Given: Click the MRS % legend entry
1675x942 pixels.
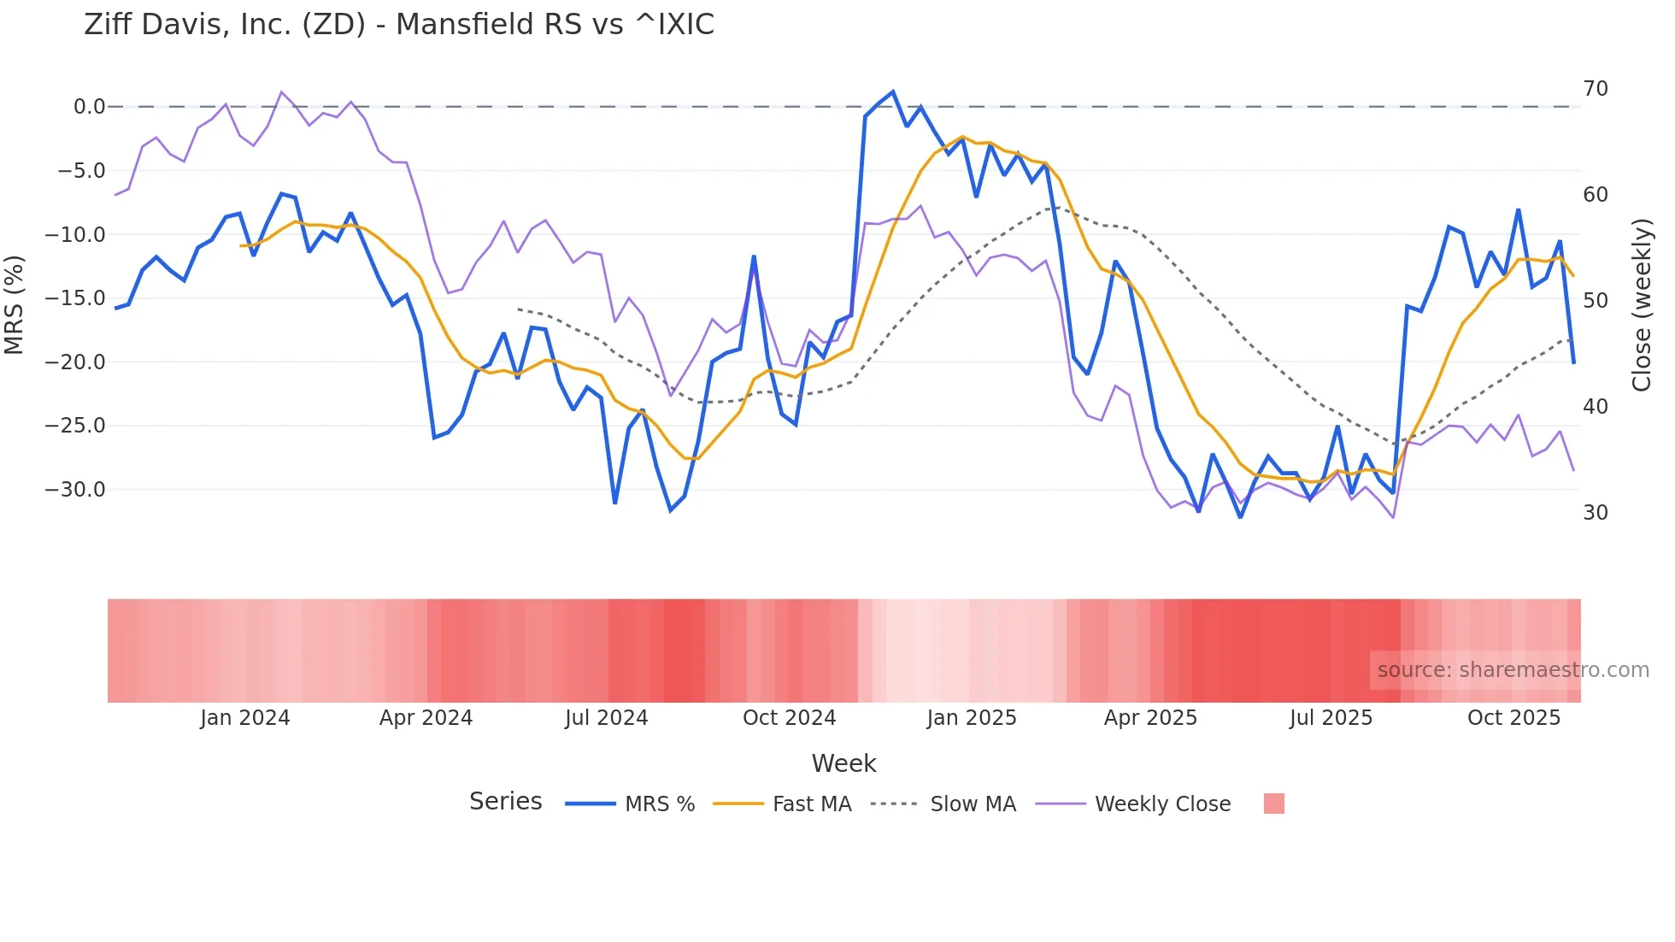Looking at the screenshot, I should (x=659, y=804).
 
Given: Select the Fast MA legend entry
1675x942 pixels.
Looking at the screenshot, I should (x=811, y=804).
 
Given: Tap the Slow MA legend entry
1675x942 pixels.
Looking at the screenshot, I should (x=973, y=804).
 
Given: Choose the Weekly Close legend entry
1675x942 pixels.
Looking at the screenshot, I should (x=1162, y=804).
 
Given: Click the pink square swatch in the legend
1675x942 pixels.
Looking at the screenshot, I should (x=1273, y=804).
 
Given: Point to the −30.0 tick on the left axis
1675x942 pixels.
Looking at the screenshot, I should (x=75, y=490).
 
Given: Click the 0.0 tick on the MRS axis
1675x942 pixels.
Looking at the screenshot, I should (x=89, y=107).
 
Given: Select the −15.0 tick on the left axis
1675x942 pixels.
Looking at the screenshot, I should (x=75, y=298).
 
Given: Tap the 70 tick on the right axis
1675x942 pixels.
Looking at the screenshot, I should (x=1596, y=89).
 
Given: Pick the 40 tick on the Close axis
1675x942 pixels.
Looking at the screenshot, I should (x=1596, y=407).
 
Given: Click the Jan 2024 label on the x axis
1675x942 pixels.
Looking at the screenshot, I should (x=245, y=718).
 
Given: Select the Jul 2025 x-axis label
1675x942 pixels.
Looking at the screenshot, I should (x=1331, y=718).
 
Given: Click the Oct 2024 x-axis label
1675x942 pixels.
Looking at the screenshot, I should (x=789, y=718).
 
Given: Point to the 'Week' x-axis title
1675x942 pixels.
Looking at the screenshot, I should (x=843, y=763).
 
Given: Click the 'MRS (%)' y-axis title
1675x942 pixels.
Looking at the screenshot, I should (x=15, y=304).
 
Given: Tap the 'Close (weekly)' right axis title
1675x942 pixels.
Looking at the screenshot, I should (x=1642, y=305).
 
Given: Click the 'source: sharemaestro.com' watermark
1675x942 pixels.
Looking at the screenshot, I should (x=1513, y=670).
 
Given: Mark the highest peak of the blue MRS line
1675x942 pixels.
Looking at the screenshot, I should (x=892, y=91).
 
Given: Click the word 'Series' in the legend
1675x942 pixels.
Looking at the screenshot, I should (x=505, y=802).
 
